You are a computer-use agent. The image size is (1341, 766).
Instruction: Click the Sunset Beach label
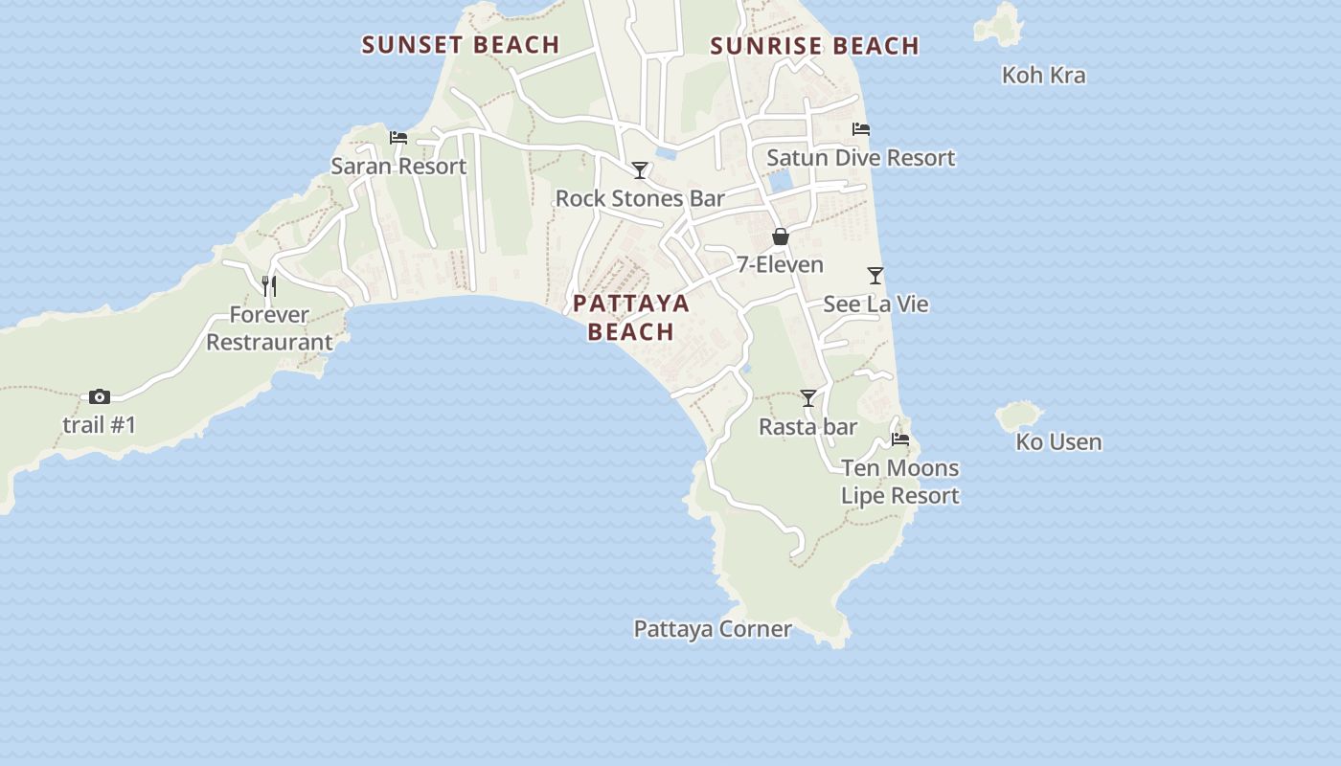click(460, 45)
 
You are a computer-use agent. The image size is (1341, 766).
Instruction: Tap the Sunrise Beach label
click(815, 46)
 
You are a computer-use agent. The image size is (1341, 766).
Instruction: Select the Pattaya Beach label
click(631, 317)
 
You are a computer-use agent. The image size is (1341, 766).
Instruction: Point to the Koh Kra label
click(1043, 75)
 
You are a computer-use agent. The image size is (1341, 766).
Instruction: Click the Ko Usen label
click(1058, 442)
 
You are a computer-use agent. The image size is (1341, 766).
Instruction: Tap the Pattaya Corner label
click(713, 629)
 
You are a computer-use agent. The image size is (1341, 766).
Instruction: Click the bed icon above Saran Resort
click(398, 138)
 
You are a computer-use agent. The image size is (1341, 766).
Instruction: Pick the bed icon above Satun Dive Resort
click(861, 129)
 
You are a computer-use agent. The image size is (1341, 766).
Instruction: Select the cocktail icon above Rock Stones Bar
click(640, 170)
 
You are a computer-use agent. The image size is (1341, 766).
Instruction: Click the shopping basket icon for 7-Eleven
click(781, 237)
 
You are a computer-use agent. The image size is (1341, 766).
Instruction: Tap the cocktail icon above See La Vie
click(875, 276)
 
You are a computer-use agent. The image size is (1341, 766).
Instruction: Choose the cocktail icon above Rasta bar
click(808, 398)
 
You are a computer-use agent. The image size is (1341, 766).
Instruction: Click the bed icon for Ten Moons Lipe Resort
click(900, 439)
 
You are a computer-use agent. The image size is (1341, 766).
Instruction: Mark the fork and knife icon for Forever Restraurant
click(269, 285)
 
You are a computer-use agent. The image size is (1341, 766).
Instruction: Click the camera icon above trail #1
click(100, 396)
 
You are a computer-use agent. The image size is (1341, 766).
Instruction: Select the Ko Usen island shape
click(1018, 416)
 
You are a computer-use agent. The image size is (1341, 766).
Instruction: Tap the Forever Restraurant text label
click(269, 328)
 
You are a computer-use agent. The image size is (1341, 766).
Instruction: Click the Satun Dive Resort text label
click(861, 158)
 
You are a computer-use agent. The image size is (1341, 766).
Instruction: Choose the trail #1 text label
click(100, 424)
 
